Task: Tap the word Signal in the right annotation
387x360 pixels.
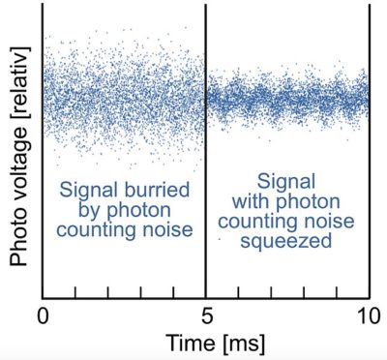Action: (x=285, y=180)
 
